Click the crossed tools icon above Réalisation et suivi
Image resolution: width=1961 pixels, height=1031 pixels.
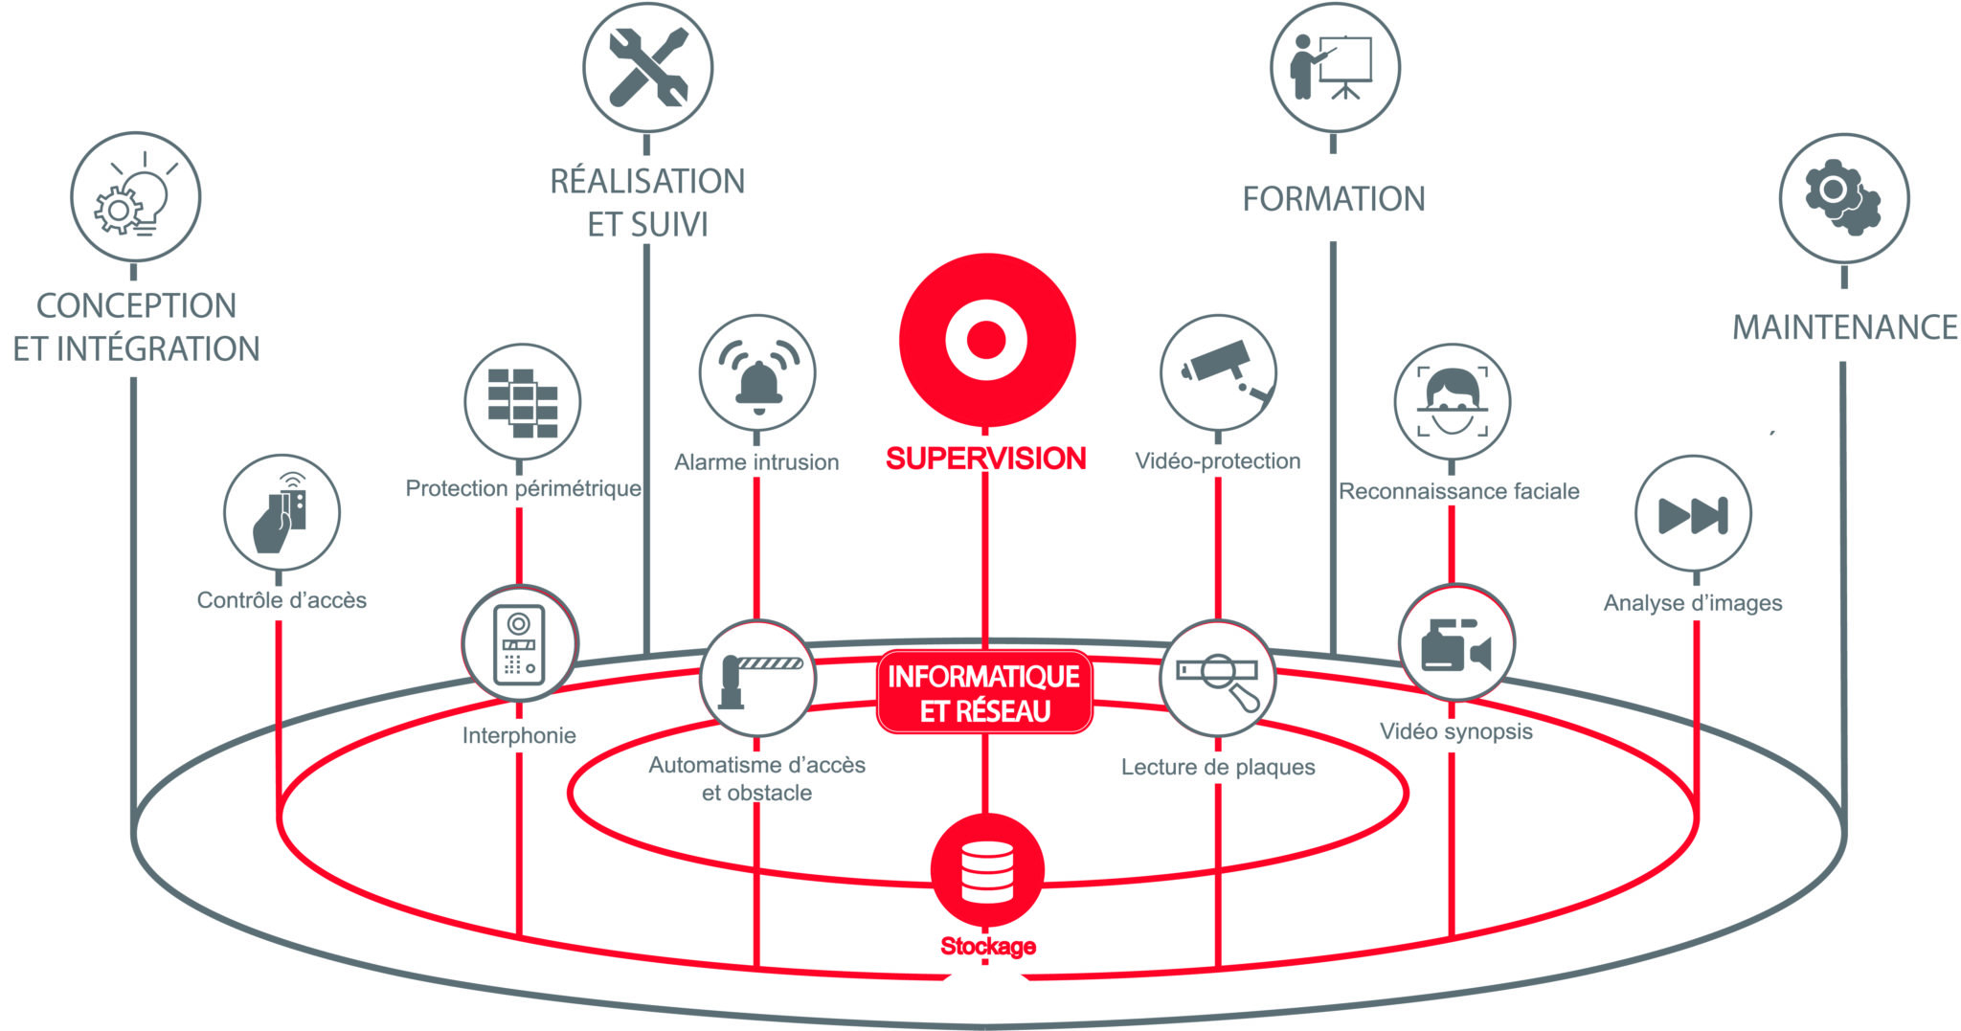(x=648, y=68)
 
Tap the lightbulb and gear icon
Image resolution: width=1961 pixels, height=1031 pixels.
(x=136, y=197)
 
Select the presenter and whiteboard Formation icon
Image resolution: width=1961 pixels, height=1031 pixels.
(x=1335, y=68)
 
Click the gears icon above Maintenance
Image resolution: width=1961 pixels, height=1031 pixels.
(x=1843, y=198)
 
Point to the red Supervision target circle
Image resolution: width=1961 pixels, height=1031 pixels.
(x=986, y=340)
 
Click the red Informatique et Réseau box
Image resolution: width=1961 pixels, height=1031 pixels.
(x=984, y=693)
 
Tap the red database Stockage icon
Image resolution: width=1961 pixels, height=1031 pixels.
(x=987, y=870)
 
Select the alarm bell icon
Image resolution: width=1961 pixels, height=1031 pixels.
(x=757, y=373)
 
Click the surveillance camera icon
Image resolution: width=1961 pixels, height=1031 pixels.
(x=1218, y=373)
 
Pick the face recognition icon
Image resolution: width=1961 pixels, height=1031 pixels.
(x=1453, y=402)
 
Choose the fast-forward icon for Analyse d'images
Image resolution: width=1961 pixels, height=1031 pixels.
(x=1693, y=514)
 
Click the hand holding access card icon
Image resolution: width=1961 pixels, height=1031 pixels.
(x=282, y=512)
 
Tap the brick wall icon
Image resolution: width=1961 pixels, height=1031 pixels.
(x=523, y=402)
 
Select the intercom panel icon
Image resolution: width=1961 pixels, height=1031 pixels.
(x=519, y=644)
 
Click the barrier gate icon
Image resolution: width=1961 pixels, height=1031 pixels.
(x=757, y=679)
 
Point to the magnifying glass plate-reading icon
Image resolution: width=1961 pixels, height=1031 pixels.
(x=1218, y=679)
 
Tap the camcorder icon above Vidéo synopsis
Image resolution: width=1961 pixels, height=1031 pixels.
(x=1456, y=644)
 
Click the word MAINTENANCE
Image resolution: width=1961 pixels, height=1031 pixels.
(x=1844, y=327)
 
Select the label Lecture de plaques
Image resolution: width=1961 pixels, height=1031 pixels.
(x=1218, y=767)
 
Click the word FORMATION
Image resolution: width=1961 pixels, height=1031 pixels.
(x=1334, y=199)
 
